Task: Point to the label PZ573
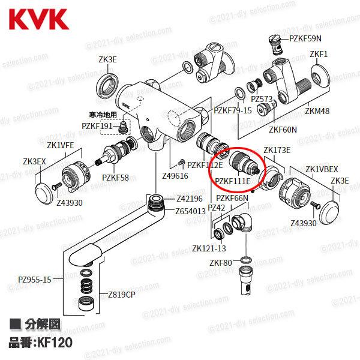pyautogui.click(x=262, y=99)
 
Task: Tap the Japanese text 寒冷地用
pyautogui.click(x=103, y=114)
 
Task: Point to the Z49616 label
pyautogui.click(x=175, y=176)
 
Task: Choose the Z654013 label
pyautogui.click(x=190, y=211)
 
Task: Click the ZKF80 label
pyautogui.click(x=220, y=263)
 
